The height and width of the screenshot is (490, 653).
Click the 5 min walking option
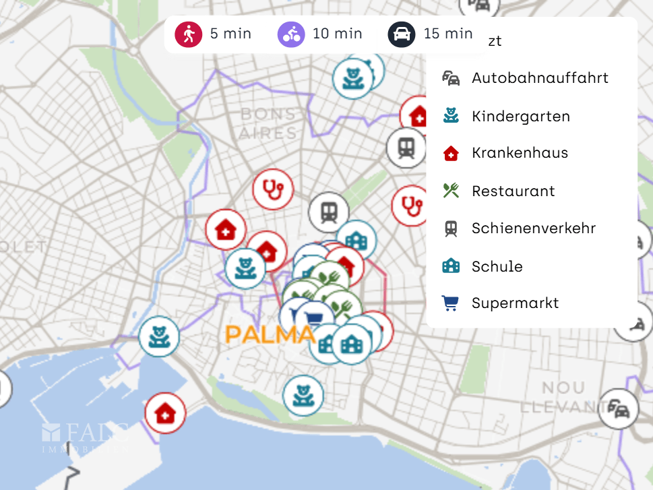(x=213, y=34)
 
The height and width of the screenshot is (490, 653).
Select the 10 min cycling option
(x=320, y=34)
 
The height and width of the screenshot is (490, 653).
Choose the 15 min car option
(x=431, y=34)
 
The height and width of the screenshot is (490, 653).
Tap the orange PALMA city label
(x=270, y=334)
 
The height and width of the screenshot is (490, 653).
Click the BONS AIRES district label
(x=268, y=123)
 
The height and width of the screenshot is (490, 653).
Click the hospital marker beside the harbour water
(x=165, y=413)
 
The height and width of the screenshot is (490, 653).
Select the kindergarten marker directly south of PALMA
(x=303, y=395)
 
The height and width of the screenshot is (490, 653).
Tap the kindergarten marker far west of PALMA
(x=159, y=336)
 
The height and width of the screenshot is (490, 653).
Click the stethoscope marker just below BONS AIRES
(x=273, y=189)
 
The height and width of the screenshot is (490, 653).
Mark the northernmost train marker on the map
(x=406, y=148)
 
